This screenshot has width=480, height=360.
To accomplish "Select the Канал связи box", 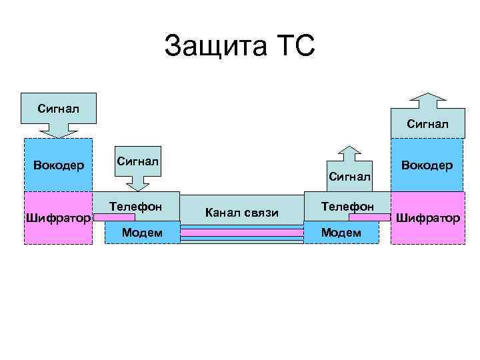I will (242, 212).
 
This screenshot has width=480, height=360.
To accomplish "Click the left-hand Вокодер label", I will (58, 165).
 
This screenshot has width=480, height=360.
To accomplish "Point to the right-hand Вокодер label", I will (427, 165).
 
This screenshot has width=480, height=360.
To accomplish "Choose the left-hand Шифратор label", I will (57, 218).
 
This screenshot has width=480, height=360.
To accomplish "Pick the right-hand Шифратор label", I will (427, 217).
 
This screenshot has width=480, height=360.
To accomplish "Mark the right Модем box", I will (341, 231).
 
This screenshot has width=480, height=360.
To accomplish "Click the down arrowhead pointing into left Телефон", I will (139, 184).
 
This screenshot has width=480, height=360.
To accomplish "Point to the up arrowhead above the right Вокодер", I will (427, 100).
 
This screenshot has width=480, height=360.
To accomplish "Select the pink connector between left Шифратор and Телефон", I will (100, 216).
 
